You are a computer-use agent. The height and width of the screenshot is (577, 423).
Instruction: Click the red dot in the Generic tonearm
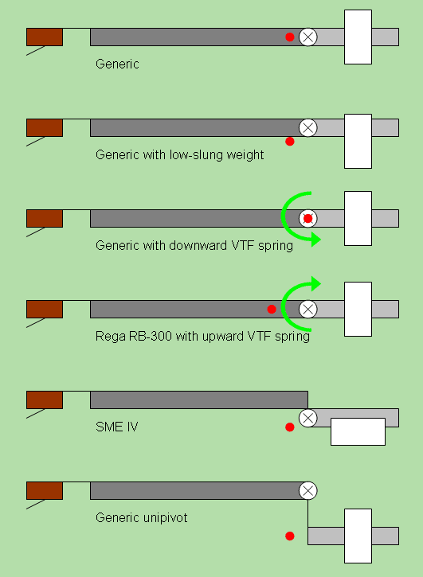[290, 37]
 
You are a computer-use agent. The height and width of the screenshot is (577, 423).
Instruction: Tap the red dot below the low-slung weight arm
[290, 142]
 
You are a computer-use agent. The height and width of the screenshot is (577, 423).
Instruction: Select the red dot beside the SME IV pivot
[290, 427]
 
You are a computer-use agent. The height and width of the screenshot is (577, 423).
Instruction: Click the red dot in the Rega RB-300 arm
[272, 309]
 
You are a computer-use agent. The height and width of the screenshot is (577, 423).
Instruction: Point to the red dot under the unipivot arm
[290, 536]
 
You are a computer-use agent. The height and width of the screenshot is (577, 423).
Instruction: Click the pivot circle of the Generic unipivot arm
[308, 490]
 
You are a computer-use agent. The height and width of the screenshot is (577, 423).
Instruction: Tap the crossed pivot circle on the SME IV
[308, 418]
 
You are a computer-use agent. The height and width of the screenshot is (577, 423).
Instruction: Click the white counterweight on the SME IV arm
[358, 431]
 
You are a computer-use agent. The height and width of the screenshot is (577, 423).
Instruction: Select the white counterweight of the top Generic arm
[358, 37]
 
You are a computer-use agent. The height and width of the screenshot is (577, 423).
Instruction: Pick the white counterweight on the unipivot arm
[358, 536]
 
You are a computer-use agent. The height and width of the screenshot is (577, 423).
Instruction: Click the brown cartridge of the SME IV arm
[45, 400]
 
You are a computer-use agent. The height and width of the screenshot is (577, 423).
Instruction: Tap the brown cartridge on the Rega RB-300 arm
[45, 309]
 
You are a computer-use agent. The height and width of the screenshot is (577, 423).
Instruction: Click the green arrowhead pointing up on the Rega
[316, 283]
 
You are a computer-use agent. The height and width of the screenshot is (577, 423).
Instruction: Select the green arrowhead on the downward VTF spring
[316, 240]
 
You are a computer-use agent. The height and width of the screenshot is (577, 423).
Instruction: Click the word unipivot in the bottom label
[163, 518]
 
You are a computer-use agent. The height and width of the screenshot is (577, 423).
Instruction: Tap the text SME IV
[117, 427]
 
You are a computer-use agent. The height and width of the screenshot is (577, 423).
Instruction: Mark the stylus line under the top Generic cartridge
[36, 51]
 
